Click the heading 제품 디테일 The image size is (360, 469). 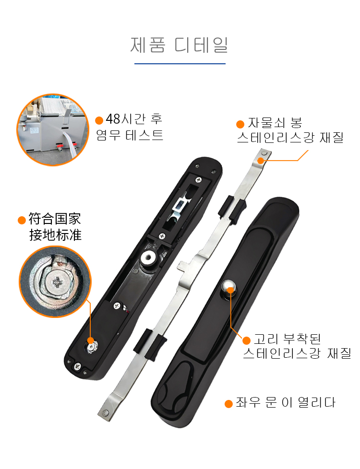point(179,45)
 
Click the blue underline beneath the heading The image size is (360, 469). point(180,64)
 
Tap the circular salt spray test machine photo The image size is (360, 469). point(53,129)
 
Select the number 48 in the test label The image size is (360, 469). point(113,119)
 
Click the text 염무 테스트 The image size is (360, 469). point(130,135)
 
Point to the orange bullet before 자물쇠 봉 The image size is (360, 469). point(240,124)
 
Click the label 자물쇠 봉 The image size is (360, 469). point(275,123)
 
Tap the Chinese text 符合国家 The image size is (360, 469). point(55,219)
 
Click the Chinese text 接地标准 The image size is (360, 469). point(55,235)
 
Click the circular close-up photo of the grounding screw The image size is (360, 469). point(55,281)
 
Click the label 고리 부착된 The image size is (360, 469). point(287,339)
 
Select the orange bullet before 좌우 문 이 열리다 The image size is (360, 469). point(229,404)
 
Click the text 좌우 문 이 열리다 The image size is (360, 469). point(286,403)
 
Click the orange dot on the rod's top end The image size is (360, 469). point(261,161)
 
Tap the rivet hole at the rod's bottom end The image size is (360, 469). point(105,413)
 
